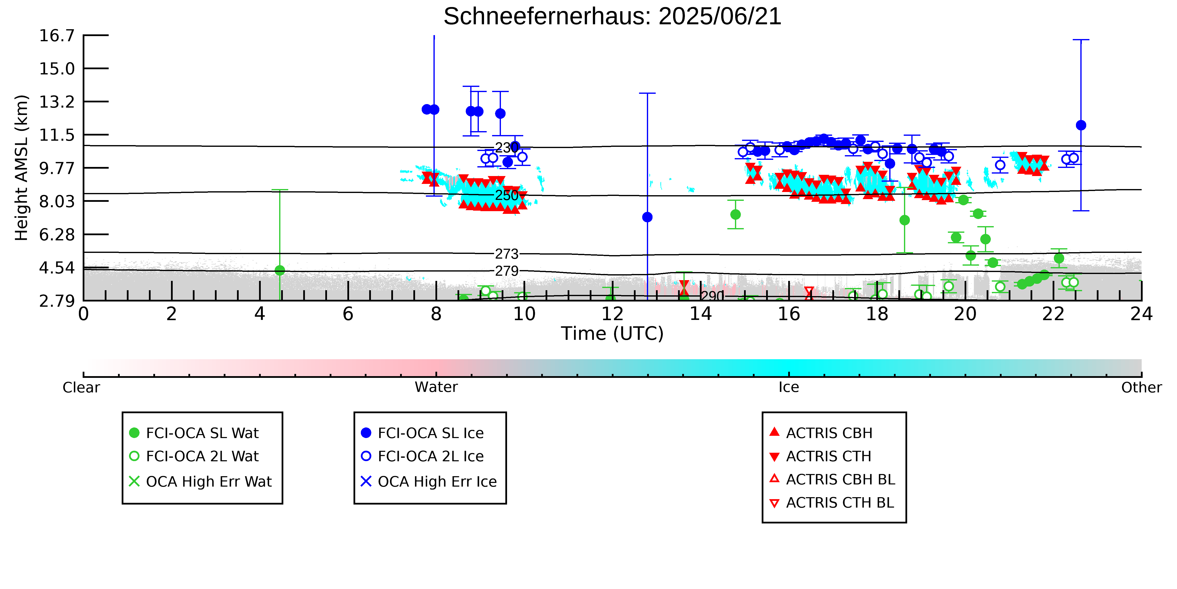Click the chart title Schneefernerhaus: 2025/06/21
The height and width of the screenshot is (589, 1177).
point(612,16)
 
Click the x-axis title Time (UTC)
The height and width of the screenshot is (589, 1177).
point(612,333)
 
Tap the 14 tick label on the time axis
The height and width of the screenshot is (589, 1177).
point(700,314)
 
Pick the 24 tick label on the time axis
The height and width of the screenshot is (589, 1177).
point(1141,314)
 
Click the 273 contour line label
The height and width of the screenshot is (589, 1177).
point(507,254)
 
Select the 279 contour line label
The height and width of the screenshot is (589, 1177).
point(507,271)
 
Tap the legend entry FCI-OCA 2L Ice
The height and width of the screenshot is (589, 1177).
point(423,456)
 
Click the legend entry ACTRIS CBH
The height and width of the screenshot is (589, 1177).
point(821,433)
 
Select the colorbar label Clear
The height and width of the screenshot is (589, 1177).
point(81,387)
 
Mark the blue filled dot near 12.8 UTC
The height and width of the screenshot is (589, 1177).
point(647,217)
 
